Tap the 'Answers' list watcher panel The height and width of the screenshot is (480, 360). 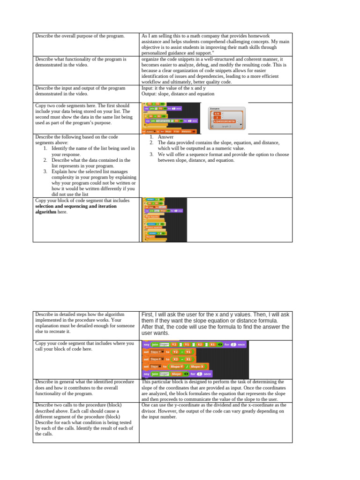(226, 117)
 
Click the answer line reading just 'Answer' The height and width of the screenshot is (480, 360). (165, 137)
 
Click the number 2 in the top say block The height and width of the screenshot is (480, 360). (228, 344)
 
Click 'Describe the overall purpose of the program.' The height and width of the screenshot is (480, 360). (80, 36)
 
